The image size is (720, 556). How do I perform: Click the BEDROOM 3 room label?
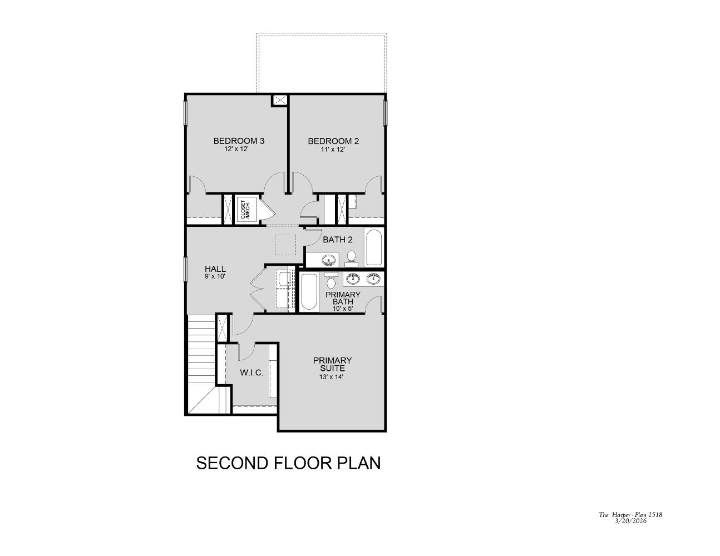point(239,141)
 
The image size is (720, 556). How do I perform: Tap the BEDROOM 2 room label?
point(333,141)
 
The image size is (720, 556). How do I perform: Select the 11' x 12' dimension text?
point(333,150)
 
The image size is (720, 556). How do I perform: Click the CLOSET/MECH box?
point(246,209)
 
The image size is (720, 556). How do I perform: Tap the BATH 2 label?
point(338,240)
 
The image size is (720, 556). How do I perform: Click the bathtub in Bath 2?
point(374,247)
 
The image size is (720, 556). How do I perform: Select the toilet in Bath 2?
point(351,257)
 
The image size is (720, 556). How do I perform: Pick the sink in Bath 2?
point(329,260)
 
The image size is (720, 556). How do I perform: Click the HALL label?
point(215,269)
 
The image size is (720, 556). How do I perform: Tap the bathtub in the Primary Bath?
point(308,292)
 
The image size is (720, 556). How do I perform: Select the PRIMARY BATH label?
point(343,298)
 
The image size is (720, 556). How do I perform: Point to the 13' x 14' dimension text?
point(332,377)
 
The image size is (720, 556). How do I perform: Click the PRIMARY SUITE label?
point(332,364)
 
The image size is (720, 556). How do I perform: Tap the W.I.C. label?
point(251,372)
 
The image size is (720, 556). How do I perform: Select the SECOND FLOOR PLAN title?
point(288,463)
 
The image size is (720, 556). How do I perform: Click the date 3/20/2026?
point(630,521)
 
